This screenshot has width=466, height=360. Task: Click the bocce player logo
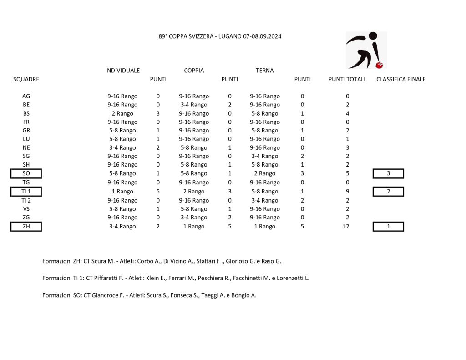point(366,50)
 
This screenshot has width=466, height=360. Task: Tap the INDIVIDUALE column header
point(122,71)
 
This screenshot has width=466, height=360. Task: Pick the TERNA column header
point(264,71)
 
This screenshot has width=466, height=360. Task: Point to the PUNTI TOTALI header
point(347,79)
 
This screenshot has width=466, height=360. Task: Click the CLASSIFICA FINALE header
point(401,79)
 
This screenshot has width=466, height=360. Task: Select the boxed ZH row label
point(26,227)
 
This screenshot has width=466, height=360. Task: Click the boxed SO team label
point(26,173)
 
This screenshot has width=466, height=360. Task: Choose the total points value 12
point(346,227)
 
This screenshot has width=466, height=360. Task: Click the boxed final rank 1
point(388,227)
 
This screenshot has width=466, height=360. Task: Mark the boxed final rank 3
point(388,173)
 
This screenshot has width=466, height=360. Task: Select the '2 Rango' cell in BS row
point(122,113)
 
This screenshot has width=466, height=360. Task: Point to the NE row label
point(26,147)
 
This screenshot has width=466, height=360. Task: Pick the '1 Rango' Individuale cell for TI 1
point(122,192)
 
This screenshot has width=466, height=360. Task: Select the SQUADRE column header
point(26,79)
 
